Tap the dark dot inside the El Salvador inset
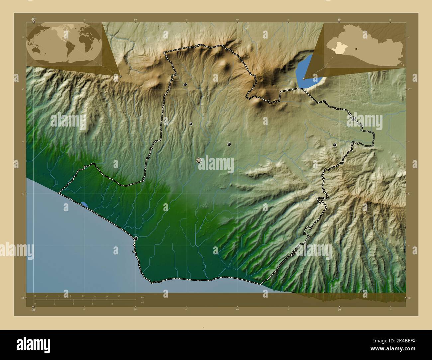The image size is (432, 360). [356, 48]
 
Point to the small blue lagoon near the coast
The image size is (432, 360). [85, 205]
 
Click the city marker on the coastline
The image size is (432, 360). [136, 238]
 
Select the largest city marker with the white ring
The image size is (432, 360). [199, 160]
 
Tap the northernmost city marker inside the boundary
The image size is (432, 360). [185, 85]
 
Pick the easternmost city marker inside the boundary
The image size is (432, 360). [335, 145]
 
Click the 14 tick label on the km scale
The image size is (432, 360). [119, 296]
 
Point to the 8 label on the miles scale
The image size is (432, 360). [112, 304]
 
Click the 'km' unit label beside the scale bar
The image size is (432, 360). [143, 297]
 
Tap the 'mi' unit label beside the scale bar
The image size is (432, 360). [142, 303]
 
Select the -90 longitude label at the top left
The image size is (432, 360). [33, 19]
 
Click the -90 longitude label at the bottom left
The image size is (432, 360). [33, 310]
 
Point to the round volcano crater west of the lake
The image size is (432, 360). [260, 79]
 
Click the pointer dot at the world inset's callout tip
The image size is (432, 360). [120, 76]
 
